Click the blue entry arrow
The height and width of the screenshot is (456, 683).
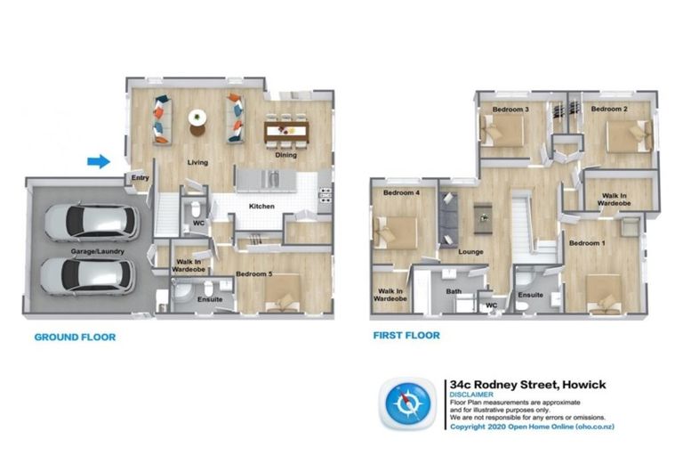99,161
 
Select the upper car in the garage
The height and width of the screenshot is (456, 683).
90,223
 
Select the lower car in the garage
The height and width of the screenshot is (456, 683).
90,277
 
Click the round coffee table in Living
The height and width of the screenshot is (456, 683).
197,118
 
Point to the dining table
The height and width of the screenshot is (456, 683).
285,132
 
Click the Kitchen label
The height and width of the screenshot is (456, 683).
261,207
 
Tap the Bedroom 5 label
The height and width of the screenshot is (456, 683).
253,274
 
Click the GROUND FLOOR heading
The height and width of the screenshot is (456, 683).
75,338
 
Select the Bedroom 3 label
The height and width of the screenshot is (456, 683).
511,110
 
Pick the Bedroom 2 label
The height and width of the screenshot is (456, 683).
610,109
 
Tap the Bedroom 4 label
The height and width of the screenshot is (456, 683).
401,192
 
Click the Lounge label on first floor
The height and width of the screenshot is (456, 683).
470,252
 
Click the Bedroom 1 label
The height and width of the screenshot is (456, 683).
587,243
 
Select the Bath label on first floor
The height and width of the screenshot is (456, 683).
454,291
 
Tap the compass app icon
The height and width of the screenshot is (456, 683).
410,403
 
